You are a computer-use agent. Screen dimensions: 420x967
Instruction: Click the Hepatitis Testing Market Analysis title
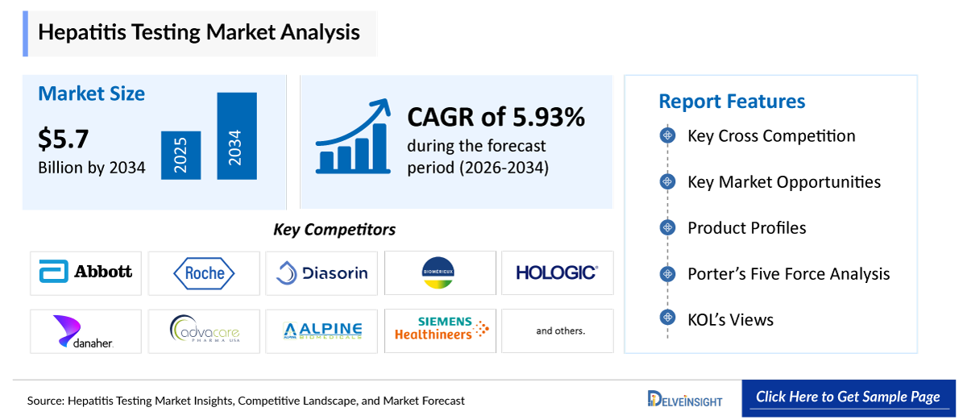(199, 32)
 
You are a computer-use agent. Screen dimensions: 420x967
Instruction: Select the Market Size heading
(92, 94)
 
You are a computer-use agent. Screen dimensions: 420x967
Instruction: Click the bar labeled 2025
(181, 155)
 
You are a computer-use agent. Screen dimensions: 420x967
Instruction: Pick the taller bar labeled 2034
(236, 136)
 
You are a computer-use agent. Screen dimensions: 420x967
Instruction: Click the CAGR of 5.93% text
(496, 118)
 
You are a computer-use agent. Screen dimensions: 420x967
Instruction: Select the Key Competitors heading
(334, 230)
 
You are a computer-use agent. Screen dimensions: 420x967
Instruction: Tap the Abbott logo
(85, 272)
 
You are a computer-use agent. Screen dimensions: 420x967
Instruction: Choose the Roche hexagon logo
(205, 273)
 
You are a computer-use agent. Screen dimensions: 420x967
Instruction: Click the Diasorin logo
(322, 273)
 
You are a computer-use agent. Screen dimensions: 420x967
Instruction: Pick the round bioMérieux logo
(439, 272)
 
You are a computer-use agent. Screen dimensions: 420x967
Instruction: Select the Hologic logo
(557, 272)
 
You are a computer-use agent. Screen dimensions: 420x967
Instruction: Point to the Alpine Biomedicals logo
(322, 331)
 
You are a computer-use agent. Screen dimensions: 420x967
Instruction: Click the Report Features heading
(732, 102)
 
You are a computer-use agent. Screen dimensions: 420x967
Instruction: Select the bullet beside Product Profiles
(666, 228)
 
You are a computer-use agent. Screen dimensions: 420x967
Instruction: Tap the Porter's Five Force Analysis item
(788, 274)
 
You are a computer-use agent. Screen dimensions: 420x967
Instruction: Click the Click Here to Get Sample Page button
(848, 397)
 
